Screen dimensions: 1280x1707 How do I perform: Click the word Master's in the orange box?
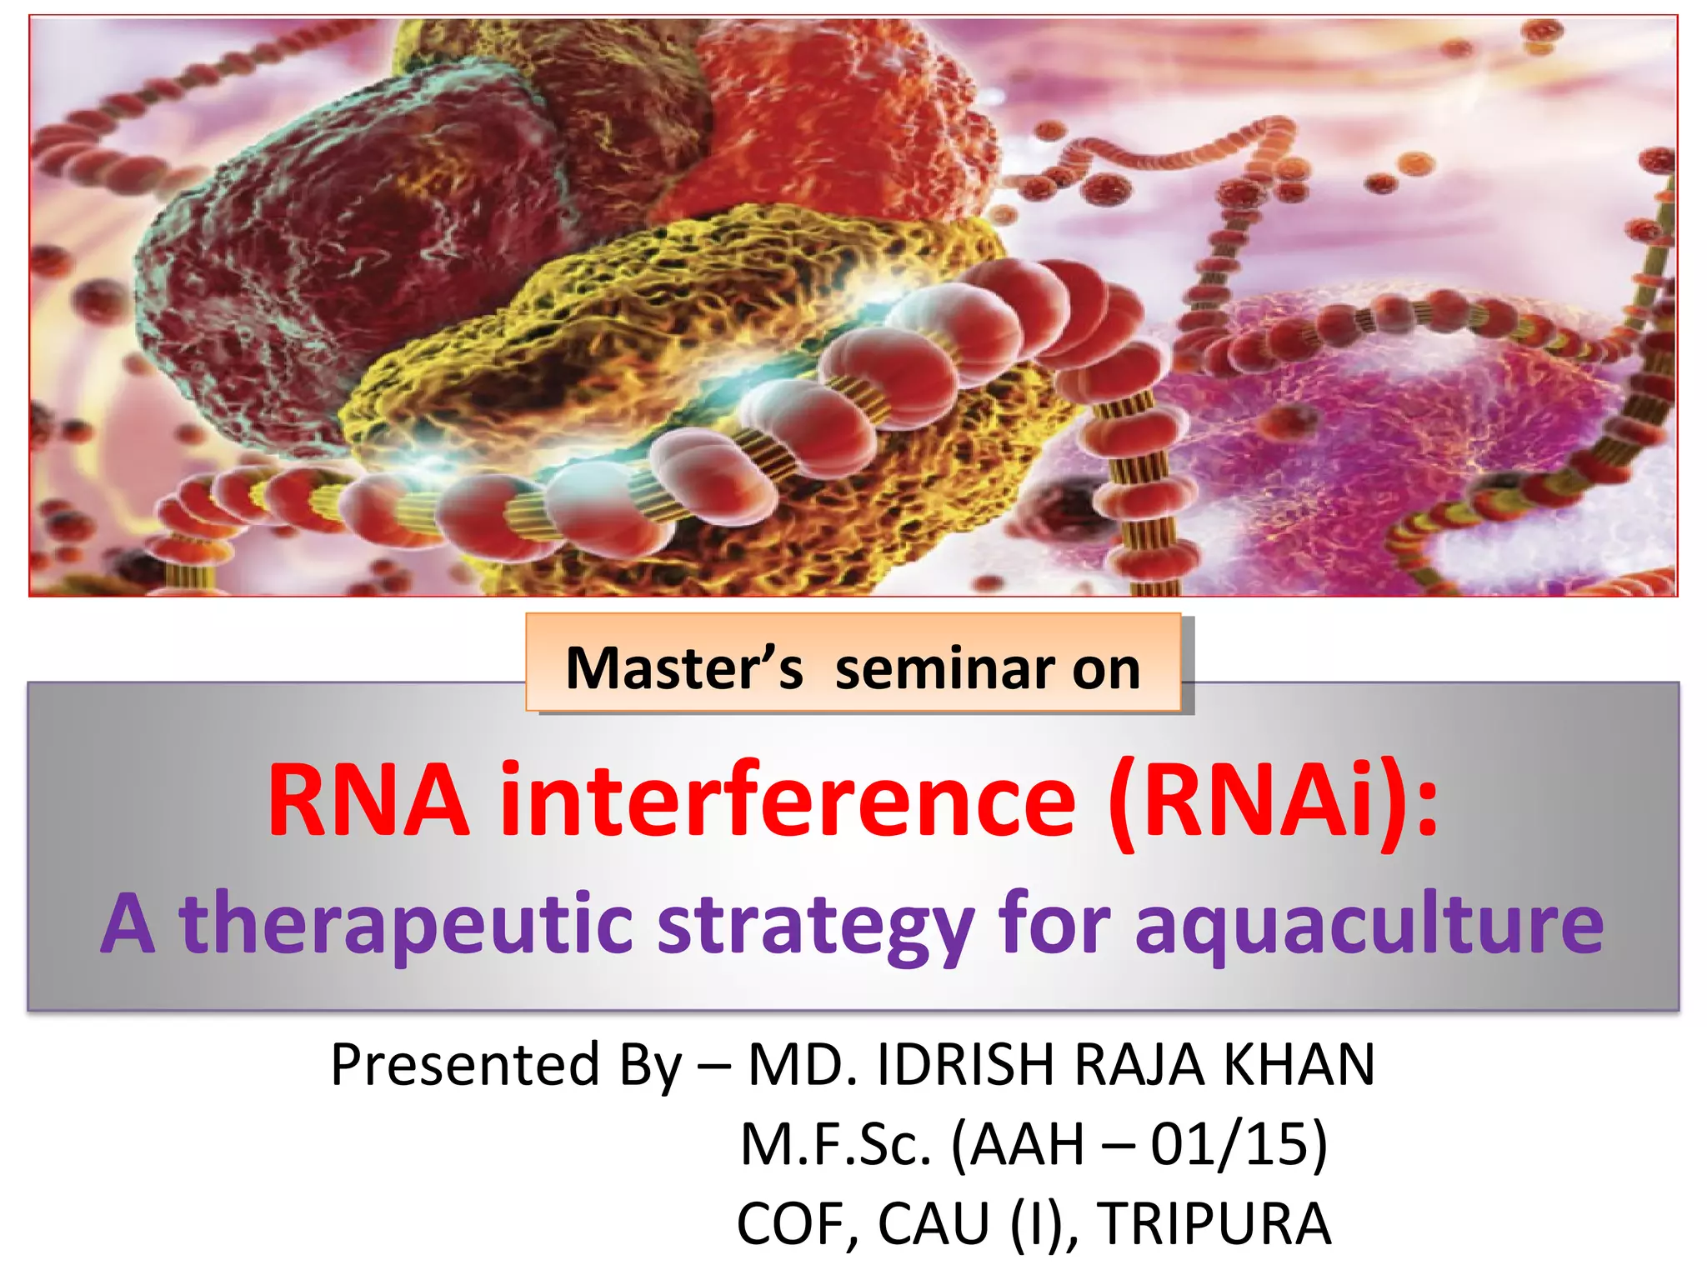tap(683, 669)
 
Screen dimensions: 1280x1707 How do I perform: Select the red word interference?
tap(788, 802)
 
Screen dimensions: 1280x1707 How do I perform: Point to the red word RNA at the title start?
tap(368, 802)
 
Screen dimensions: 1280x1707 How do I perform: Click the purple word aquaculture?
tap(1369, 925)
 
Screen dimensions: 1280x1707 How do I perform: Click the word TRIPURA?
tap(1214, 1224)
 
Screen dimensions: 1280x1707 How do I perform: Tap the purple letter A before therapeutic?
tap(129, 925)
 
